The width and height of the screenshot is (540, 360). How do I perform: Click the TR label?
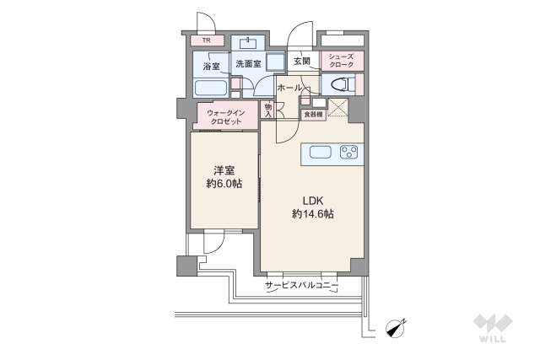pyautogui.click(x=206, y=40)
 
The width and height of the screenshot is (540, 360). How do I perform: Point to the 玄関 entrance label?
pyautogui.click(x=302, y=62)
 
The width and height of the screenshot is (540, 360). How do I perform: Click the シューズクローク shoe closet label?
pyautogui.click(x=342, y=62)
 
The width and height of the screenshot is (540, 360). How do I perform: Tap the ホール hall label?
pyautogui.click(x=289, y=87)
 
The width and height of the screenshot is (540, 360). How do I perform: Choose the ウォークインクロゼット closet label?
pyautogui.click(x=224, y=116)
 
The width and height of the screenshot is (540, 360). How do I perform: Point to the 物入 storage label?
pyautogui.click(x=267, y=110)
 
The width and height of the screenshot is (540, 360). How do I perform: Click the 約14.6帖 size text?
pyautogui.click(x=313, y=214)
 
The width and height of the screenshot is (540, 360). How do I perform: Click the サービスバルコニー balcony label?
pyautogui.click(x=301, y=287)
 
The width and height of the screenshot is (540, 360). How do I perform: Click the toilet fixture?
pyautogui.click(x=339, y=85)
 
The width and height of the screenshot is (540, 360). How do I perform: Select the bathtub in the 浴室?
pyautogui.click(x=210, y=88)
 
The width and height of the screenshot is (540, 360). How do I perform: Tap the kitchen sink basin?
pyautogui.click(x=321, y=153)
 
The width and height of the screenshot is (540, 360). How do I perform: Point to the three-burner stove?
pyautogui.click(x=348, y=153)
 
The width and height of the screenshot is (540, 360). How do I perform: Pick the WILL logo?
pyautogui.click(x=494, y=328)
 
